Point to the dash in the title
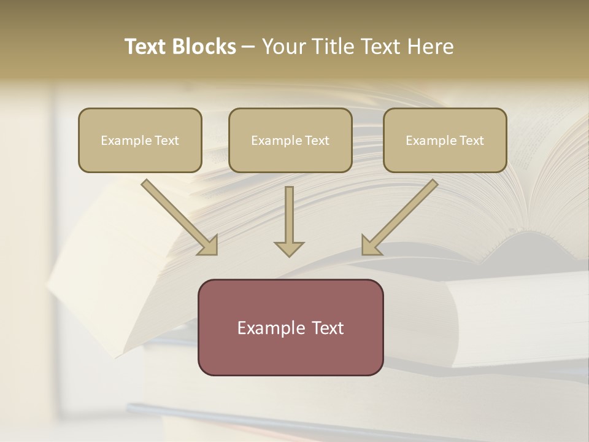[x=248, y=47]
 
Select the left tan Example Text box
[x=140, y=141]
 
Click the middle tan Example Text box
[x=290, y=141]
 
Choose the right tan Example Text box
[x=445, y=141]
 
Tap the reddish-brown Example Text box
[x=290, y=328]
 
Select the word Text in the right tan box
[x=472, y=141]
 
